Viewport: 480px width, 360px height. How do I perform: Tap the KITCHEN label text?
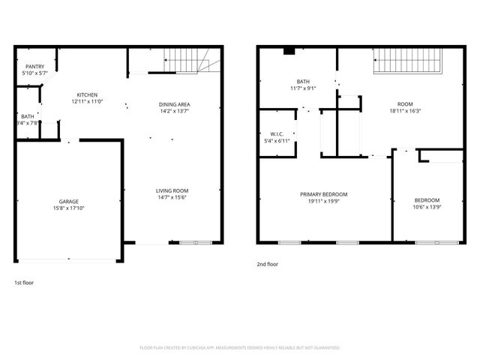[x=87, y=94]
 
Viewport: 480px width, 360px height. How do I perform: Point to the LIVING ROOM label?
[x=172, y=190]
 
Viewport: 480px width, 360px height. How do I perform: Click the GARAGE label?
[x=69, y=202]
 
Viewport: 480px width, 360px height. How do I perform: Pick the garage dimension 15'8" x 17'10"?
[x=69, y=209]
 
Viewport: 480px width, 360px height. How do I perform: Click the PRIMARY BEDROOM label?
[x=324, y=194]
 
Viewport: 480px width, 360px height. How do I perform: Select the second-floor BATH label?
[x=303, y=82]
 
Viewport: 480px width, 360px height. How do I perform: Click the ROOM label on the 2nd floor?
[x=405, y=103]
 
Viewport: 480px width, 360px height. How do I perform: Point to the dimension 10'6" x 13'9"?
[x=427, y=208]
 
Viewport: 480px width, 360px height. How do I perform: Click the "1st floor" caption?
[x=24, y=283]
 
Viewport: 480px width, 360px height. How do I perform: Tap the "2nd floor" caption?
[x=268, y=264]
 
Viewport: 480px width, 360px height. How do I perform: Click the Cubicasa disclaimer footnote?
[x=240, y=348]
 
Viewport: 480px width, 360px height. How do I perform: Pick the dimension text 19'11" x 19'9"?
[x=324, y=202]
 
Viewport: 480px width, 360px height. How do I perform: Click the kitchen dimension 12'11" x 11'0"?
[x=87, y=102]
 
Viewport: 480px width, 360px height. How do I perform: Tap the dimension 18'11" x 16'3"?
[x=405, y=111]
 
